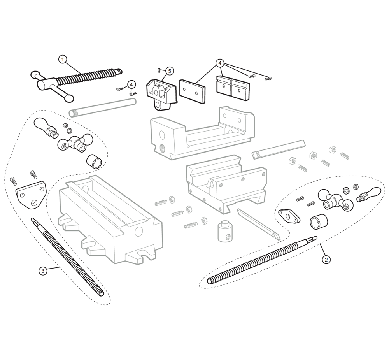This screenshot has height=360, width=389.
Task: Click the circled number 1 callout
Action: pos(63,60)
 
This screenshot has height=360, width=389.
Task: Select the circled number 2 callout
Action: pos(326,260)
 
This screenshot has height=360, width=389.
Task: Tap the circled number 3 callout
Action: pos(43,270)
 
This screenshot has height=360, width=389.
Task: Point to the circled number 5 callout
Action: pos(170,71)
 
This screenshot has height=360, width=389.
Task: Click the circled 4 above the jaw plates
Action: pos(220,63)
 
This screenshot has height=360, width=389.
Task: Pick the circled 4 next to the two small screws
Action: pos(131,85)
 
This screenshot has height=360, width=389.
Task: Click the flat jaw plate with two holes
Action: pos(193,91)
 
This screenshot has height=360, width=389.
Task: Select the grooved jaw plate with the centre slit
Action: pos(233,88)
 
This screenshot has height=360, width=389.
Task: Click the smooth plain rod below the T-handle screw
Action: pos(102,107)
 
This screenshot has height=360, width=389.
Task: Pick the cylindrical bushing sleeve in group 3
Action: pos(94,162)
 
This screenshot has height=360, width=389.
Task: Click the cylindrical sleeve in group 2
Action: pos(319,221)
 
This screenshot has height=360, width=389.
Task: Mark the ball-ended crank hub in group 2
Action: pos(335,200)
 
